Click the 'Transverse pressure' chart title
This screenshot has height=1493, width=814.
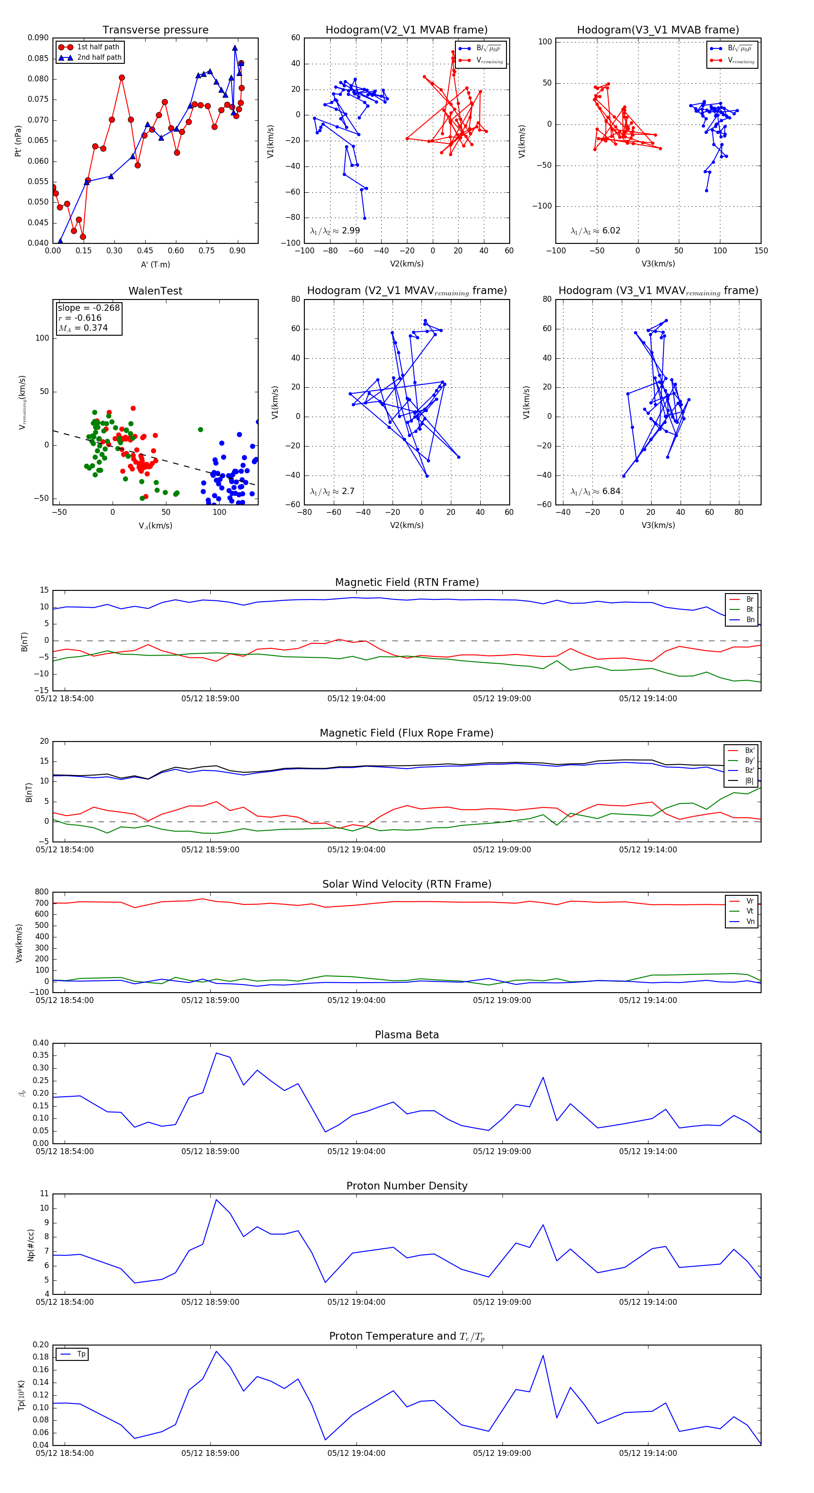(155, 30)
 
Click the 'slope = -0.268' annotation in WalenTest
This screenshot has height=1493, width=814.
(89, 308)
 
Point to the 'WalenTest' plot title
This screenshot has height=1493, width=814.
(155, 291)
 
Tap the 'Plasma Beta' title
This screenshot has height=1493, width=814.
(407, 1035)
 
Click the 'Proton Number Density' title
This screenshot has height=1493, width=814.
(407, 1186)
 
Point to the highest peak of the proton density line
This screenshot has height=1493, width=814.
(217, 1200)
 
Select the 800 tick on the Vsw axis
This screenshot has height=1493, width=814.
(42, 892)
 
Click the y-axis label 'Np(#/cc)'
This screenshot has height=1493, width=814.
(31, 1245)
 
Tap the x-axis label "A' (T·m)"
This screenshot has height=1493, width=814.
(155, 265)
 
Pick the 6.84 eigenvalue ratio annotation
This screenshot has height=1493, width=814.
(596, 491)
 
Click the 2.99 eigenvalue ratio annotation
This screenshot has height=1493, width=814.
(335, 231)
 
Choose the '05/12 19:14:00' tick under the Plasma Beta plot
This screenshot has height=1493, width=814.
(648, 1151)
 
